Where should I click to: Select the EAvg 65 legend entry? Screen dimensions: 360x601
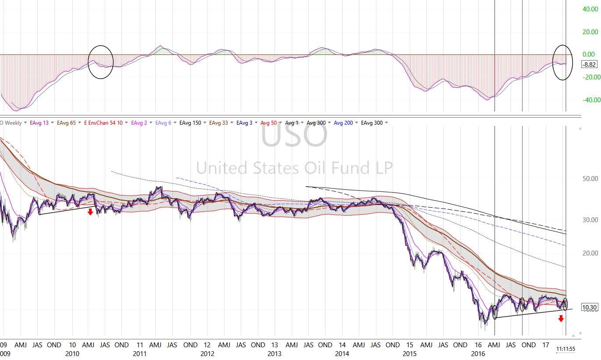click(x=66, y=123)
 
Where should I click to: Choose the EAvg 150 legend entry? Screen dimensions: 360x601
click(x=190, y=123)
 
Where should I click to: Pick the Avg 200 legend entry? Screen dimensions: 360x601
click(x=343, y=123)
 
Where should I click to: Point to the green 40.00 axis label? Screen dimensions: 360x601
click(x=590, y=9)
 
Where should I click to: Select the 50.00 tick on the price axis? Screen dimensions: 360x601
click(x=590, y=179)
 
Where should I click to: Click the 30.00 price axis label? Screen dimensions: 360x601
click(x=590, y=220)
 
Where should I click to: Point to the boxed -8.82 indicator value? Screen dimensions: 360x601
click(x=589, y=65)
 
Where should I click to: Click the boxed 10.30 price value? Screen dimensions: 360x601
click(x=589, y=307)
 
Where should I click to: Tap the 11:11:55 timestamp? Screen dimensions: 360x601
click(x=565, y=349)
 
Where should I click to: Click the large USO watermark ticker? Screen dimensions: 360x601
click(x=294, y=135)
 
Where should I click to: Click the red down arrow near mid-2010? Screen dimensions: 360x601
click(x=90, y=212)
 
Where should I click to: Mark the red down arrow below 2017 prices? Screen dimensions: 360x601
click(x=561, y=319)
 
